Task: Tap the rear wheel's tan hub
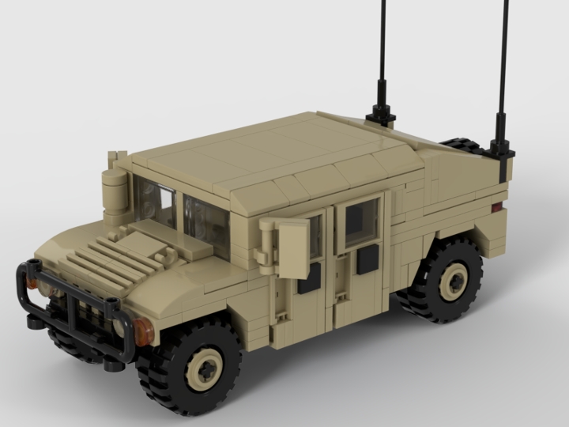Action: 454,280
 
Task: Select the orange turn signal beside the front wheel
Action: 143,332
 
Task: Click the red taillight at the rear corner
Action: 497,207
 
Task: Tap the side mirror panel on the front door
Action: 292,248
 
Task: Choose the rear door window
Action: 362,221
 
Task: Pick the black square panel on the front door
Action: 309,278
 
